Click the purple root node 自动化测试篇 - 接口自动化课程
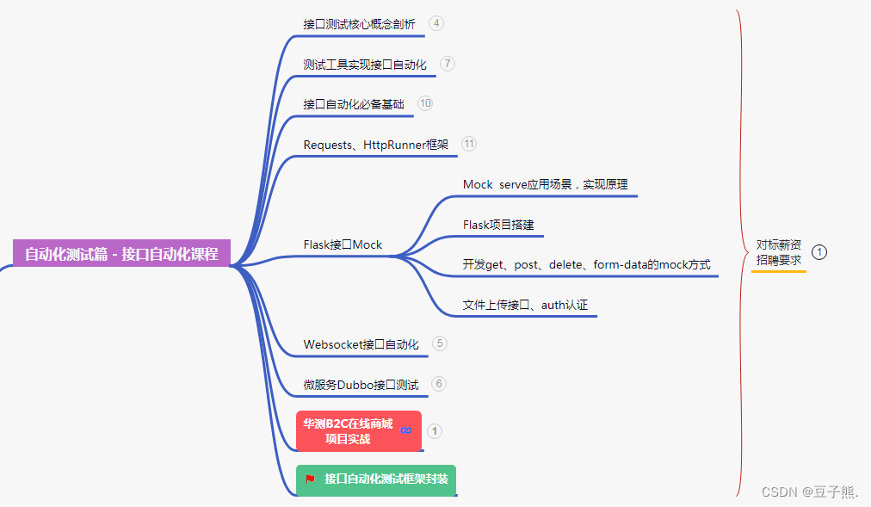click(x=121, y=254)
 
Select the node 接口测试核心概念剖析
click(x=359, y=24)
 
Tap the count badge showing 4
click(x=436, y=23)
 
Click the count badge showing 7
click(x=448, y=64)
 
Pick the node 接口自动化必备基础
click(x=353, y=104)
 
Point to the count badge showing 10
click(x=425, y=103)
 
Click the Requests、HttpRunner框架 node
click(x=375, y=145)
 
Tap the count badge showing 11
click(x=468, y=144)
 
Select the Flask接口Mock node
click(x=343, y=244)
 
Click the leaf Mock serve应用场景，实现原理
click(x=545, y=184)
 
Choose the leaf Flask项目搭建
click(x=498, y=225)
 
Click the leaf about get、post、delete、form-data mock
click(x=586, y=264)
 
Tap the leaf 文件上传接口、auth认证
click(x=525, y=305)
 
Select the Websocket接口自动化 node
click(x=361, y=344)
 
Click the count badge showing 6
click(x=439, y=384)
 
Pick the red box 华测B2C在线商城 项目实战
click(x=348, y=431)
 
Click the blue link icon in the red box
click(x=406, y=430)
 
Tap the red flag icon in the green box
click(x=310, y=479)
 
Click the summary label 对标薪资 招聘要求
click(x=778, y=252)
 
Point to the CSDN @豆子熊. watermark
click(x=810, y=492)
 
